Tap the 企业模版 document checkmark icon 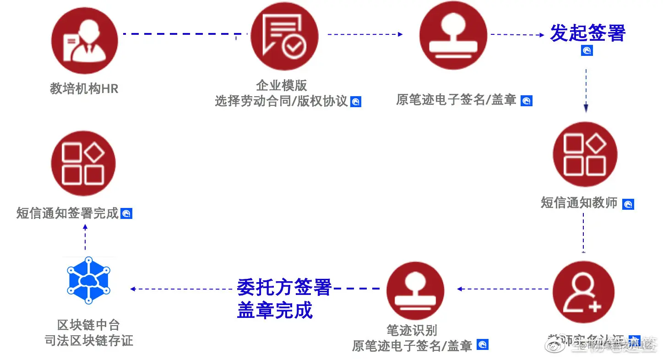point(284,37)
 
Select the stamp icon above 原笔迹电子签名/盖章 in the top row point(453,36)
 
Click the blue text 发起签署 point(587,33)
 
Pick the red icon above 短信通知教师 point(585,155)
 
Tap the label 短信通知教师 point(579,202)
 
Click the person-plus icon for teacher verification point(583,292)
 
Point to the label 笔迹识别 point(411,330)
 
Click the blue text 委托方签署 point(284,287)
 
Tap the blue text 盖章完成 point(275,310)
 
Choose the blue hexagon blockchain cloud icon point(88,280)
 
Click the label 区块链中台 point(88,325)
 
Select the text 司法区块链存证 point(88,340)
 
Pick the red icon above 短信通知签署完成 point(83,163)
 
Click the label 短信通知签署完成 point(68,213)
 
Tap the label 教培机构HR point(84,88)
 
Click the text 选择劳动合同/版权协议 point(282,101)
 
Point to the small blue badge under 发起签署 point(587,50)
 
